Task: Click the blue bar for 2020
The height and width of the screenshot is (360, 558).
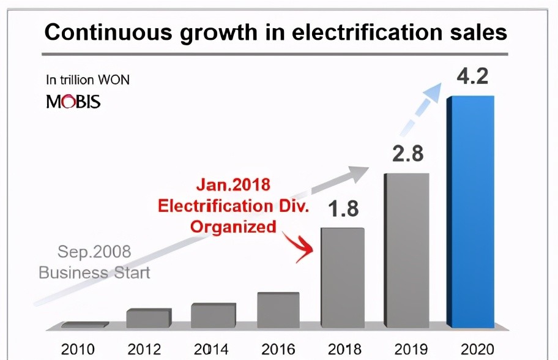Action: pos(471,211)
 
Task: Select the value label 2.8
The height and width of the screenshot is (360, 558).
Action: pos(407,154)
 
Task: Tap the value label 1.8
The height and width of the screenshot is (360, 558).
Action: pos(342,209)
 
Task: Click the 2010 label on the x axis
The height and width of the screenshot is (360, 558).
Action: pos(78,349)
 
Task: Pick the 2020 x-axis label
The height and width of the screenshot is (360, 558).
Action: pos(476,349)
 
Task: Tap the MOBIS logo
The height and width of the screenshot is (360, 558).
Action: pos(73,102)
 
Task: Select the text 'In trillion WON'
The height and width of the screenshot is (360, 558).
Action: pos(87,80)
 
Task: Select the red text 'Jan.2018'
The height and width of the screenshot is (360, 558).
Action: pos(233,184)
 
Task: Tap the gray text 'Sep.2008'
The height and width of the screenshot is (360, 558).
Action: pos(94,252)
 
